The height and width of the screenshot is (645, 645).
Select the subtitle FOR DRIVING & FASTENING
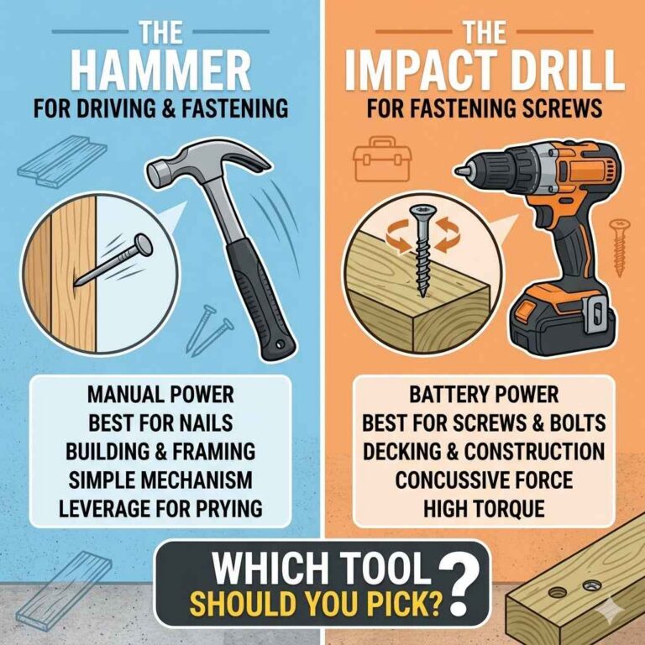click(160, 110)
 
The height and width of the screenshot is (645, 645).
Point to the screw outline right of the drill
click(620, 244)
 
